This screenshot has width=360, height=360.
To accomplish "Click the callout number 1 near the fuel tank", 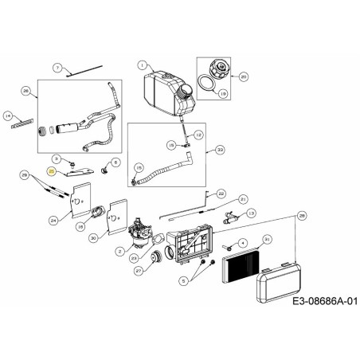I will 142,65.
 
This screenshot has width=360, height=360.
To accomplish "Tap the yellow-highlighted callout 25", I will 52,170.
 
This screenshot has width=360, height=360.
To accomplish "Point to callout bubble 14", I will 9,115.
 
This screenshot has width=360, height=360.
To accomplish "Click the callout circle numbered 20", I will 244,76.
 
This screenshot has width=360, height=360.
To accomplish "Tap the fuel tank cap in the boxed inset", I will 215,68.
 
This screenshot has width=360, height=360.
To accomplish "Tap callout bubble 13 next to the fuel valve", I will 251,213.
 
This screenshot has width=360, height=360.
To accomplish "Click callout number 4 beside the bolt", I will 243,242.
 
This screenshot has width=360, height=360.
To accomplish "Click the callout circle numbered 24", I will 53,220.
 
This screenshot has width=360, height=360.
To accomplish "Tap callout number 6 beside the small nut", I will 115,162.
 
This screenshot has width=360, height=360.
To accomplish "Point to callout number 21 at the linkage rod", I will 244,198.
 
